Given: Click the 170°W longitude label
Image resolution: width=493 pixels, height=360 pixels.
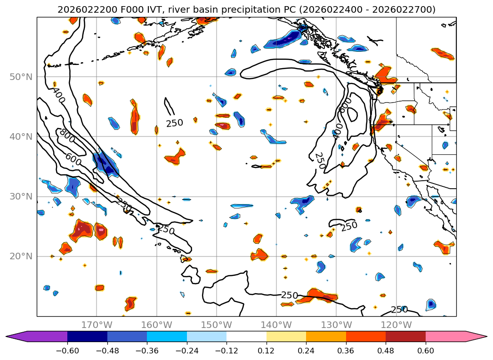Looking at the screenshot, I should tap(97, 325).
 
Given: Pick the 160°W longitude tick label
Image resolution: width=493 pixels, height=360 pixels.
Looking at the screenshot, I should tap(156, 325).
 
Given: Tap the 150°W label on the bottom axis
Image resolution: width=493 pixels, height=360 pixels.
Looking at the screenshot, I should tap(216, 325).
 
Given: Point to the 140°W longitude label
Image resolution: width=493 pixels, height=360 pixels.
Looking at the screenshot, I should tap(276, 325).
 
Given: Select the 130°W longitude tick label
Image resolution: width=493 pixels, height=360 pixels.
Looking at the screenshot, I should tap(336, 325).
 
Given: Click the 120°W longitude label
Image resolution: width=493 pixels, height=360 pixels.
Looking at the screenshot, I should tap(396, 325).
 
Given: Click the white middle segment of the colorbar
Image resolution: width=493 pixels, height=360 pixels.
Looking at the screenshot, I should tap(246, 336).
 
